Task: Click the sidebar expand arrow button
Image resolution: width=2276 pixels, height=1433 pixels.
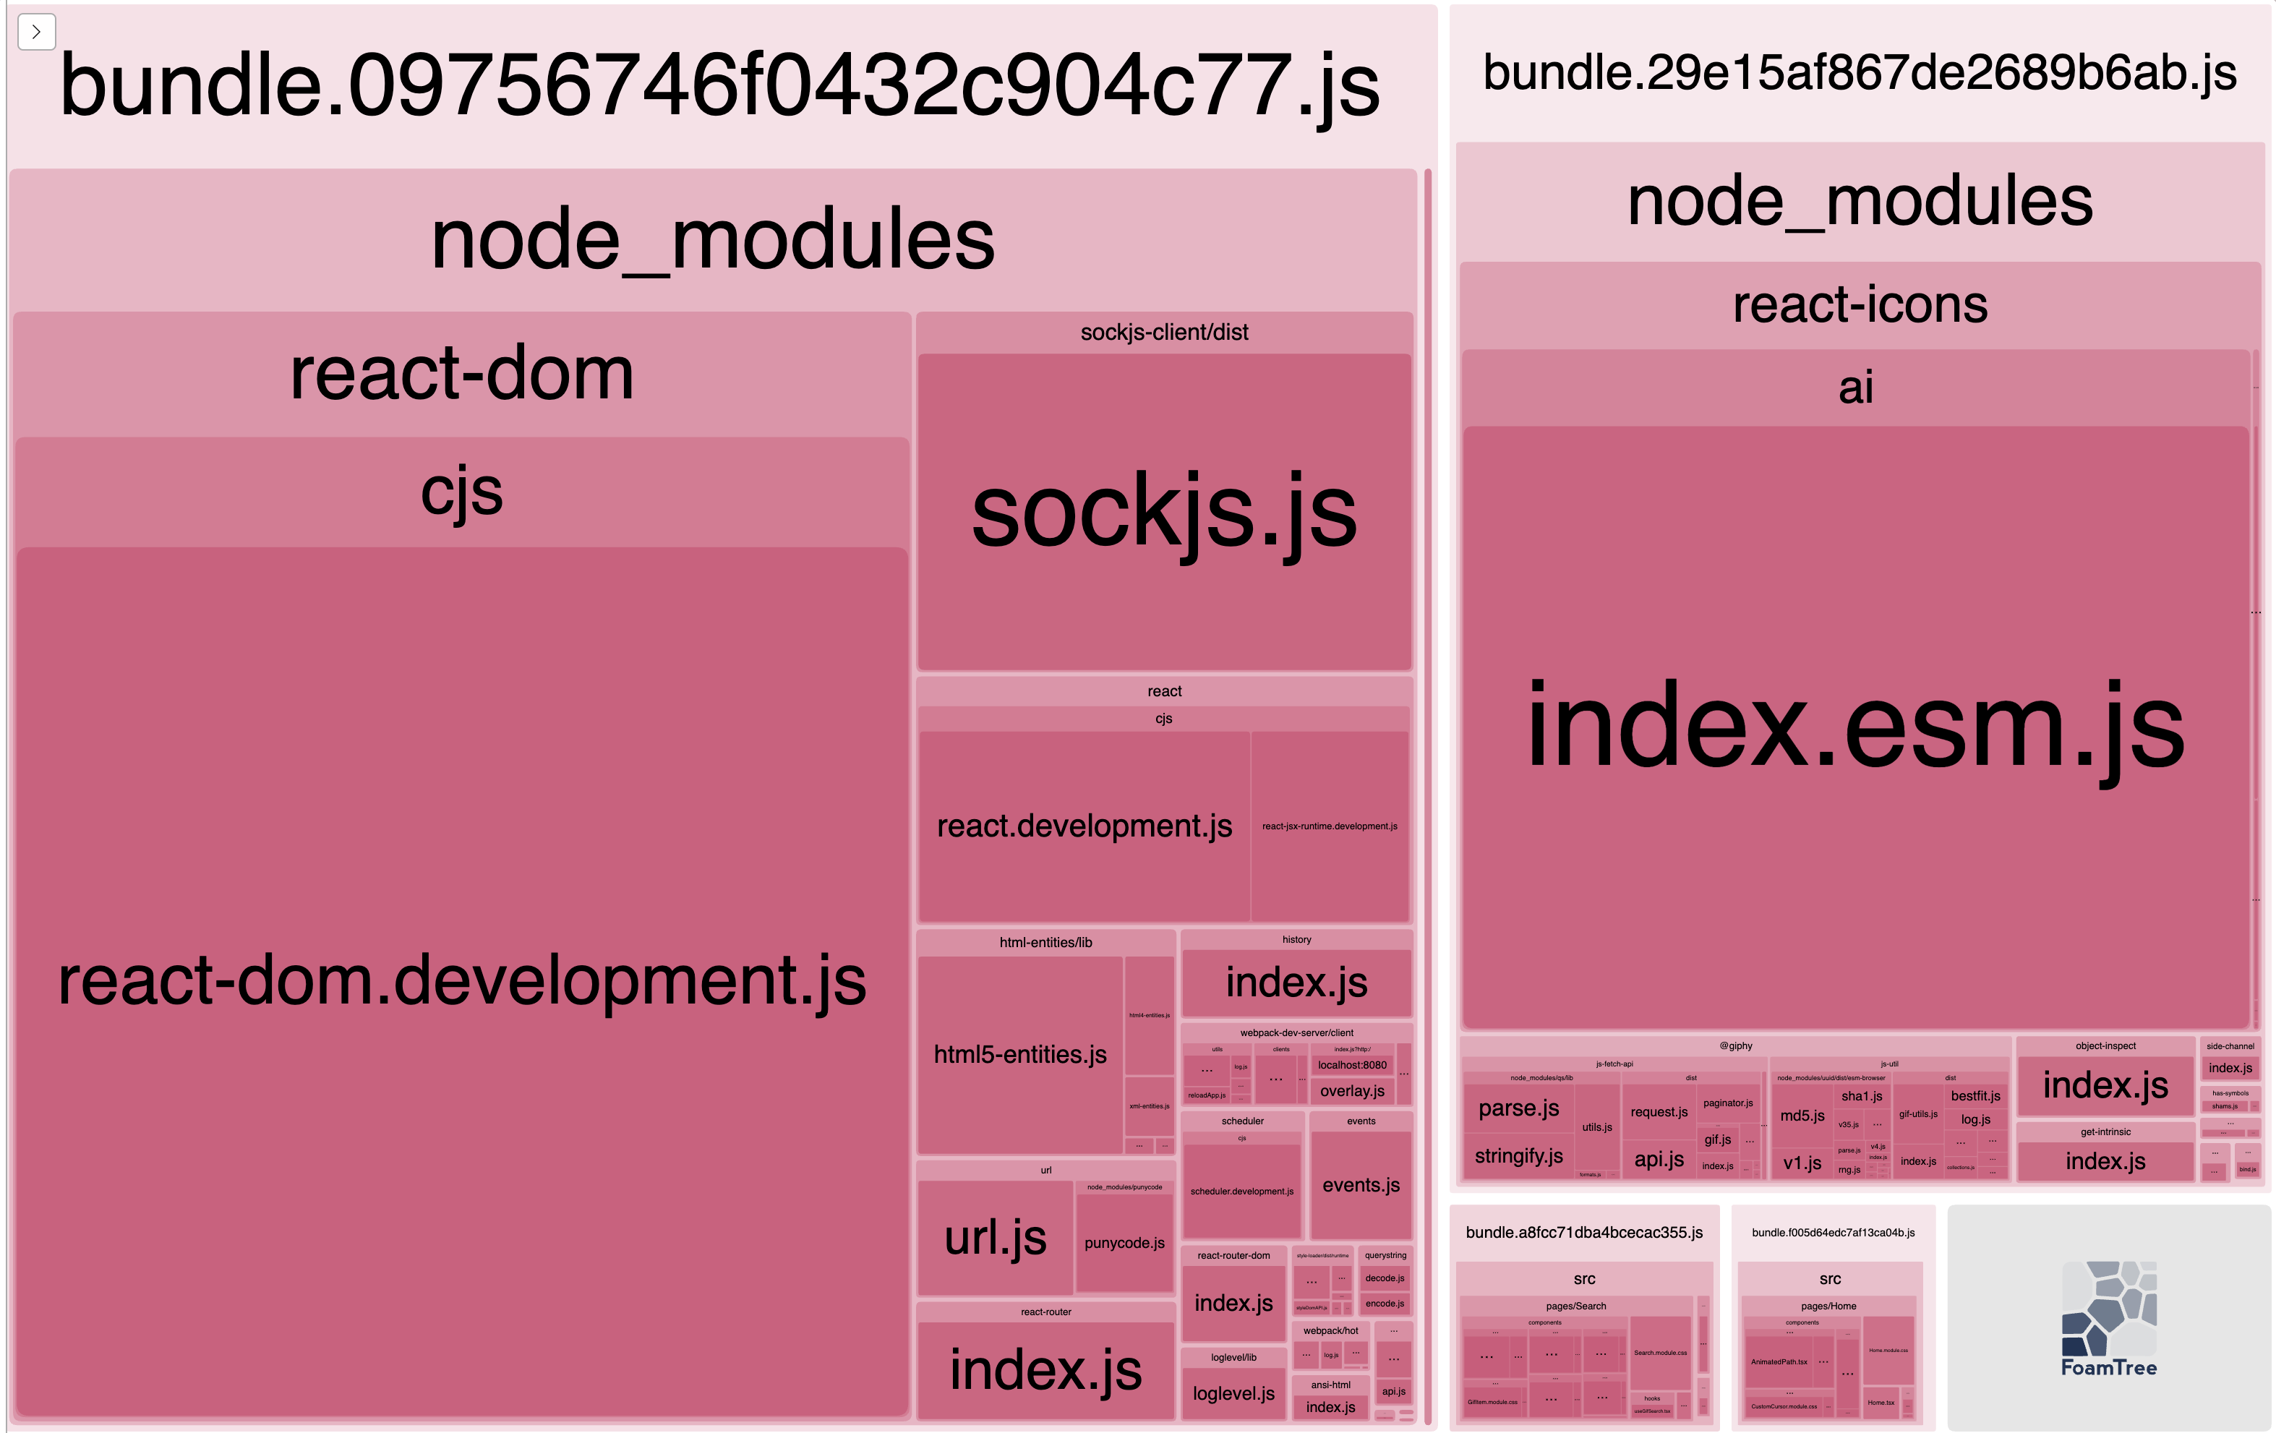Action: pos(36,32)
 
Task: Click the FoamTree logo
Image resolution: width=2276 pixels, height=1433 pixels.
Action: pos(2109,1319)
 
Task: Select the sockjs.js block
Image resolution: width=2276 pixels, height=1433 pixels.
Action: pos(1163,511)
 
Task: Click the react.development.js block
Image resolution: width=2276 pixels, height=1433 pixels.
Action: pos(1084,826)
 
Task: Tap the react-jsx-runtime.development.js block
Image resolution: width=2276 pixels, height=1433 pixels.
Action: pos(1329,826)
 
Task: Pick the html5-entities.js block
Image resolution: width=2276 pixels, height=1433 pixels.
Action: pos(1020,1054)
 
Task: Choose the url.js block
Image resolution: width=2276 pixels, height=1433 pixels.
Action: pos(996,1237)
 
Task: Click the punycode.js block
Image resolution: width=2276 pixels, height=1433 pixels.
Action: pos(1124,1243)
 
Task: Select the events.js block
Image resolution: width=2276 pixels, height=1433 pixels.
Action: pos(1361,1185)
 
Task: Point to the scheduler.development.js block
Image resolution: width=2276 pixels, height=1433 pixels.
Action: pos(1242,1191)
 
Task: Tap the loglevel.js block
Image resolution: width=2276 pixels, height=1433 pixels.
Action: pos(1233,1393)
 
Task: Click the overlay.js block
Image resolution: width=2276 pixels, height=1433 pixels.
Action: pos(1351,1091)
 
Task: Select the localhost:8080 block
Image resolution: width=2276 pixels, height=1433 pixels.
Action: pos(1351,1065)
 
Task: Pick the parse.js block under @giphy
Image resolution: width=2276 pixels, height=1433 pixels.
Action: pos(1518,1108)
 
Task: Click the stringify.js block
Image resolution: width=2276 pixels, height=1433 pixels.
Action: pos(1518,1156)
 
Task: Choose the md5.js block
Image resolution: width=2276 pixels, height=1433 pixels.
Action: pos(1802,1116)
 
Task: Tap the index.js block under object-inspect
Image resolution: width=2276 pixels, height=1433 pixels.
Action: pos(2105,1085)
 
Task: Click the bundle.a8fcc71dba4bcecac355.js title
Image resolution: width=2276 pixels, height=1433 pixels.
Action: pos(1584,1233)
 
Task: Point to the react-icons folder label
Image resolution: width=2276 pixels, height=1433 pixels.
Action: pos(1859,304)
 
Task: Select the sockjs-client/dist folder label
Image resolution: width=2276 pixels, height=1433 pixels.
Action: pos(1163,332)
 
